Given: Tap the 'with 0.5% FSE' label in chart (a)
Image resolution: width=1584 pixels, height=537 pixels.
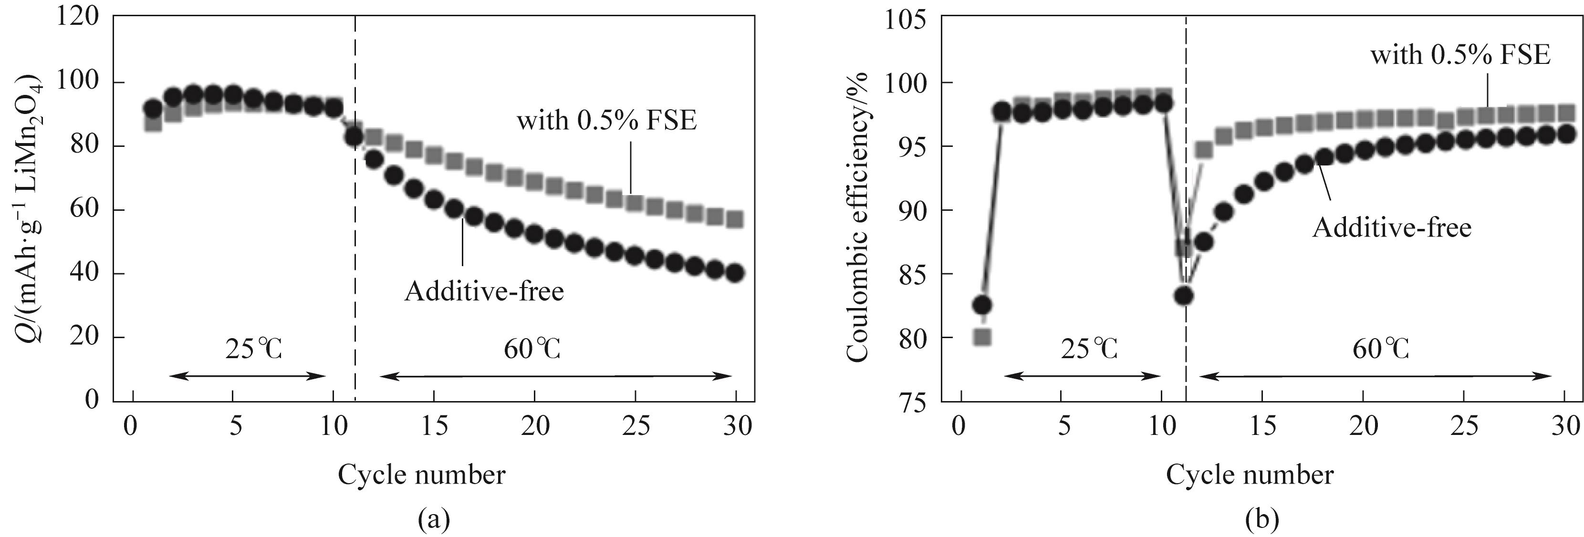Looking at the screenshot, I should pyautogui.click(x=606, y=121).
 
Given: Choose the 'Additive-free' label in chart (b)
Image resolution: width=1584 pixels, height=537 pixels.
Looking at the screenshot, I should pyautogui.click(x=1392, y=228).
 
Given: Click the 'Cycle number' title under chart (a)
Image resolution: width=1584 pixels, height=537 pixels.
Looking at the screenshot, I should pyautogui.click(x=421, y=475).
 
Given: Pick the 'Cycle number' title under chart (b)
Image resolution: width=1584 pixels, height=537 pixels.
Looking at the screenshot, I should pyautogui.click(x=1250, y=475).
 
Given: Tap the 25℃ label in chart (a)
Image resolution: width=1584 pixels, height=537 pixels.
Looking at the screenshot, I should pyautogui.click(x=253, y=350).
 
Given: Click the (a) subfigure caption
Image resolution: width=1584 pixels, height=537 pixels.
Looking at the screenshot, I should pyautogui.click(x=434, y=520).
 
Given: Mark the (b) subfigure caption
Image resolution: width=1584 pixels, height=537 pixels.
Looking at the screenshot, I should pyautogui.click(x=1256, y=520).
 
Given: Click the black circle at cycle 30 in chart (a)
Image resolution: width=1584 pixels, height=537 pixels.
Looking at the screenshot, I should pyautogui.click(x=735, y=273).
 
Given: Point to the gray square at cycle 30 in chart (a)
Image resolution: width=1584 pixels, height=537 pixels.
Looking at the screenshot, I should pyautogui.click(x=735, y=219).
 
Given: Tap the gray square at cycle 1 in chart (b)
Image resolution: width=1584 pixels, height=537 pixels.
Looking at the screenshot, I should pyautogui.click(x=982, y=337).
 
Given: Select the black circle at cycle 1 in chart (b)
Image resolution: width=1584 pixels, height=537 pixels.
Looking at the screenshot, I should pyautogui.click(x=982, y=305).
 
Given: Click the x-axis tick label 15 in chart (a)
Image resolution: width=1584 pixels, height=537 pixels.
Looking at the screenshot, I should pyautogui.click(x=434, y=426).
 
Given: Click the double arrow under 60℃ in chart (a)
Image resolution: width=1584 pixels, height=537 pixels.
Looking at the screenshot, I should pyautogui.click(x=556, y=377).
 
